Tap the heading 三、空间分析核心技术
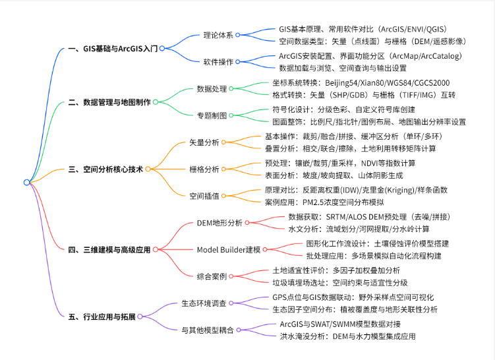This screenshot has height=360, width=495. pyautogui.click(x=105, y=169)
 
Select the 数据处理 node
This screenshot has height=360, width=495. pyautogui.click(x=212, y=88)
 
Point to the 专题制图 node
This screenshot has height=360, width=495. pyautogui.click(x=212, y=115)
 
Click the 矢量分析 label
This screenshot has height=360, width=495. pyautogui.click(x=204, y=142)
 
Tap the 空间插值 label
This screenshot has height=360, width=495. pyautogui.click(x=204, y=196)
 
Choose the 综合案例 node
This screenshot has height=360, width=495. pyautogui.click(x=212, y=276)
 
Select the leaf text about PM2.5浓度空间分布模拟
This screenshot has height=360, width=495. pyautogui.click(x=324, y=202)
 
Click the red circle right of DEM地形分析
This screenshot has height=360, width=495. pyautogui.click(x=247, y=223)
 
